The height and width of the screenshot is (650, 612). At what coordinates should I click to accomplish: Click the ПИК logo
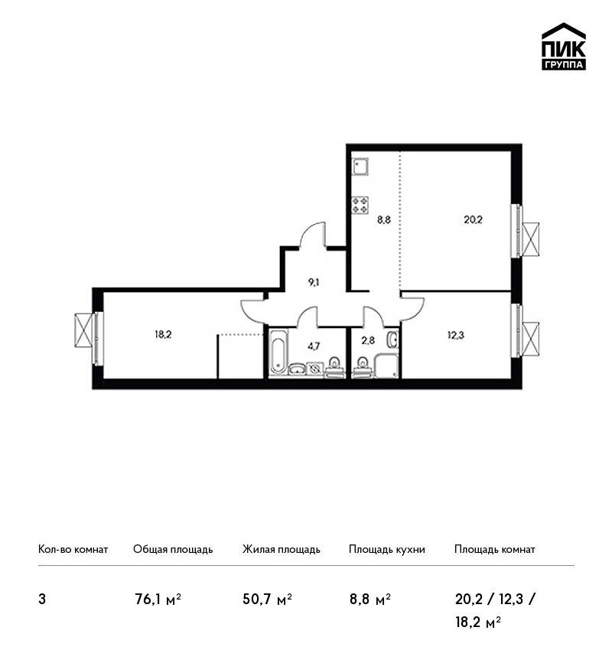tap(564, 47)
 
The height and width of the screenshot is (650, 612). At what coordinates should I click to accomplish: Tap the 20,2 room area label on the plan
tap(473, 219)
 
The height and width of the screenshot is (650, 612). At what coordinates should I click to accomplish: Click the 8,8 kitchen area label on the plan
tap(383, 219)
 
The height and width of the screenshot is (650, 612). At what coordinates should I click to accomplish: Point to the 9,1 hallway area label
tap(314, 283)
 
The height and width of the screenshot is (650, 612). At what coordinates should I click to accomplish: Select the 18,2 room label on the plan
tap(163, 334)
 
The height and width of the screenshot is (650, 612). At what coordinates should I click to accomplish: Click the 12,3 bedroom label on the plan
tap(456, 335)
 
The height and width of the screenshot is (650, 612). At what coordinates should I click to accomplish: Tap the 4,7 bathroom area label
tap(314, 346)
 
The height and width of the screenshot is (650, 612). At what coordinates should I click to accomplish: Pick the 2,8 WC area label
tap(368, 341)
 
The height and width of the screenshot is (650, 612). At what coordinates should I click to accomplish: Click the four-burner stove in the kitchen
tap(360, 205)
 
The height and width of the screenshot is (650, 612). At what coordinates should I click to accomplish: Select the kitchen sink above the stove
tap(360, 166)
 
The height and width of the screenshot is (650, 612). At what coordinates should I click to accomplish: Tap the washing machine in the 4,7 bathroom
tap(314, 369)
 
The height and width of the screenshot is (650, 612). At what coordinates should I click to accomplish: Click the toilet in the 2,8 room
tap(362, 367)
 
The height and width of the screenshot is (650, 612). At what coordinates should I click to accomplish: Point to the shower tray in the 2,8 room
tap(386, 366)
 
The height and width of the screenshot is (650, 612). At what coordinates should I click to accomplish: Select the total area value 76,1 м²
tap(158, 600)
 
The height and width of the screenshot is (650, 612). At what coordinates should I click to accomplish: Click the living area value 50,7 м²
tap(268, 600)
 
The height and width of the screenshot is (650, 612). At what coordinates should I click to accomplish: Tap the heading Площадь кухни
tap(387, 550)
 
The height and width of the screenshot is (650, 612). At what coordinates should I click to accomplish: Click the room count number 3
tap(42, 600)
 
